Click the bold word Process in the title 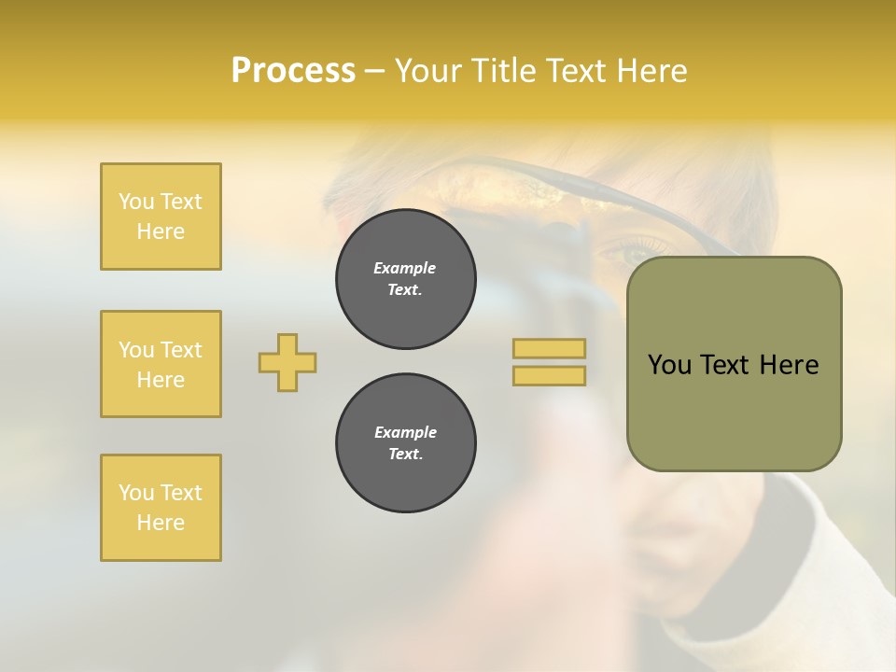click(x=293, y=71)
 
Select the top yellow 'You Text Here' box click(x=161, y=217)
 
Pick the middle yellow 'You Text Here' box click(x=161, y=364)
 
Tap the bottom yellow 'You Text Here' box click(x=161, y=508)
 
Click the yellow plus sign click(x=287, y=362)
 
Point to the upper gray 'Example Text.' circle click(x=406, y=279)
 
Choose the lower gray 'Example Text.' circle click(x=406, y=443)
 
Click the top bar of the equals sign click(x=549, y=348)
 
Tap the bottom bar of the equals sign click(x=549, y=376)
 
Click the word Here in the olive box click(x=789, y=365)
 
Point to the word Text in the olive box click(x=725, y=365)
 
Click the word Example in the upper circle click(x=405, y=268)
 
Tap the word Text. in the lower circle click(x=406, y=455)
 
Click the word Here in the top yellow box click(x=161, y=231)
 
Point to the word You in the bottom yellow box click(x=136, y=493)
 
